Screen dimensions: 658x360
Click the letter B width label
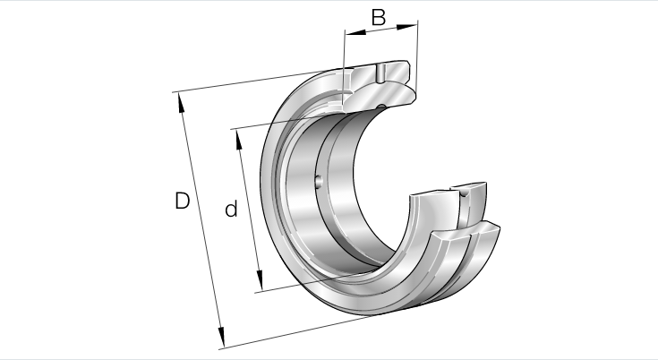(378, 18)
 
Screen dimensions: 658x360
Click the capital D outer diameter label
(182, 201)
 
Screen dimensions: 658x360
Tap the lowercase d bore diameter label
(231, 209)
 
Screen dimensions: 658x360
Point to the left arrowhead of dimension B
(355, 32)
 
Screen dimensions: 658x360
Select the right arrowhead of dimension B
(406, 27)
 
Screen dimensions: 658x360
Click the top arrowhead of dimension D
(181, 103)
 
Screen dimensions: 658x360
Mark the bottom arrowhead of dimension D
(221, 338)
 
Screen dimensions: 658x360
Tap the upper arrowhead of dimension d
(239, 140)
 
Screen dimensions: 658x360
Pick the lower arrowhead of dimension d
(260, 280)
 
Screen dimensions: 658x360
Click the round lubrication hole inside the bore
(319, 181)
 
